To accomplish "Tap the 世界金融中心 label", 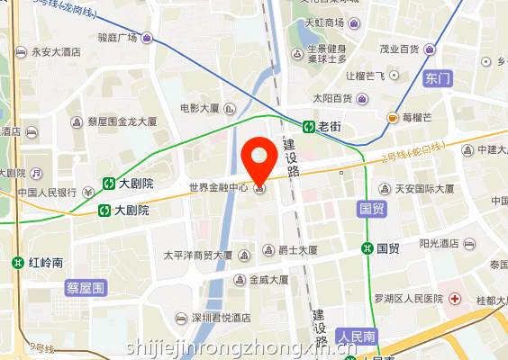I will (x=219, y=188).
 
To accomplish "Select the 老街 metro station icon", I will (x=308, y=127).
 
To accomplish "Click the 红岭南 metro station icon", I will (x=18, y=263).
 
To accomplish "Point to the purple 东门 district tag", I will (x=437, y=78).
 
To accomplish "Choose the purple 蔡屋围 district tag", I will (x=86, y=288).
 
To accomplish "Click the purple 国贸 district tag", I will (x=372, y=208).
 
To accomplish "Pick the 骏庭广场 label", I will (x=117, y=38).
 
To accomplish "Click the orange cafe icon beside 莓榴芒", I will (x=393, y=117).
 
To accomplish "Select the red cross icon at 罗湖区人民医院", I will (x=457, y=298).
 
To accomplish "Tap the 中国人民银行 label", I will (x=47, y=192).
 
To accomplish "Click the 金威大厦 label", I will (x=268, y=280).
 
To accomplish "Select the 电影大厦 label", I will (x=200, y=109).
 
